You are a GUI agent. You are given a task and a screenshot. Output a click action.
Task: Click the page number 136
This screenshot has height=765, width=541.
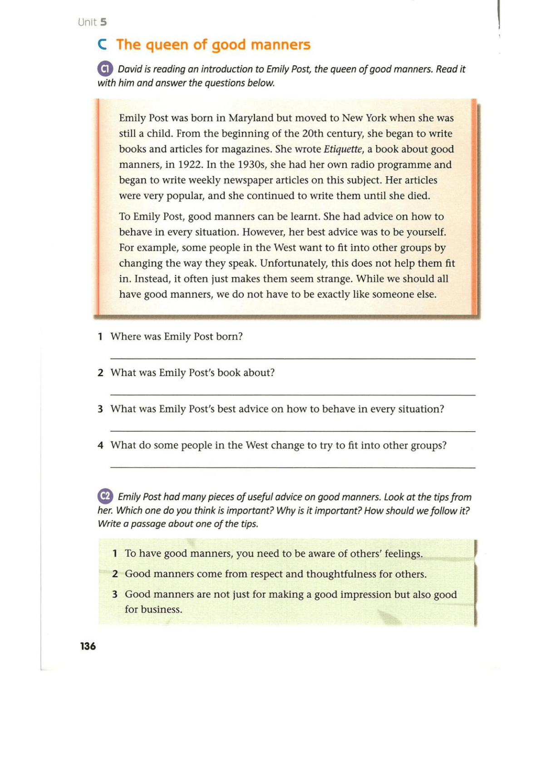tap(88, 646)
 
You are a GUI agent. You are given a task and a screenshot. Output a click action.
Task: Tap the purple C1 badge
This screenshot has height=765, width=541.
tap(105, 69)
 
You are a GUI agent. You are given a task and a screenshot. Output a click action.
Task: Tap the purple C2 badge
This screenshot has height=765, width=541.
tap(105, 496)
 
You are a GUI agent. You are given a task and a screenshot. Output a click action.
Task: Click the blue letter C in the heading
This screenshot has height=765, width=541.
tap(103, 45)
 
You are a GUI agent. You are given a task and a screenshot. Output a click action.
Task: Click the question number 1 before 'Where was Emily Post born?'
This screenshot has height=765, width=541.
tap(100, 337)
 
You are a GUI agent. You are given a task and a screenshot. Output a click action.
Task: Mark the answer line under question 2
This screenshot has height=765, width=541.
tap(293, 395)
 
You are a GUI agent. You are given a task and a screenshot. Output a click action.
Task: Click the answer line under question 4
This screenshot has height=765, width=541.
tap(293, 467)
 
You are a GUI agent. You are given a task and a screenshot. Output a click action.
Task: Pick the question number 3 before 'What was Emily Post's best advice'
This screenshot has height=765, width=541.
tap(100, 409)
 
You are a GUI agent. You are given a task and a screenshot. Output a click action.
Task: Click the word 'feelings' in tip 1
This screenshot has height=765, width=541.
tap(403, 553)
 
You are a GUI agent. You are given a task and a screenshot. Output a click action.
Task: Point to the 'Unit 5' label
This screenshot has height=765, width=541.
tap(92, 22)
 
